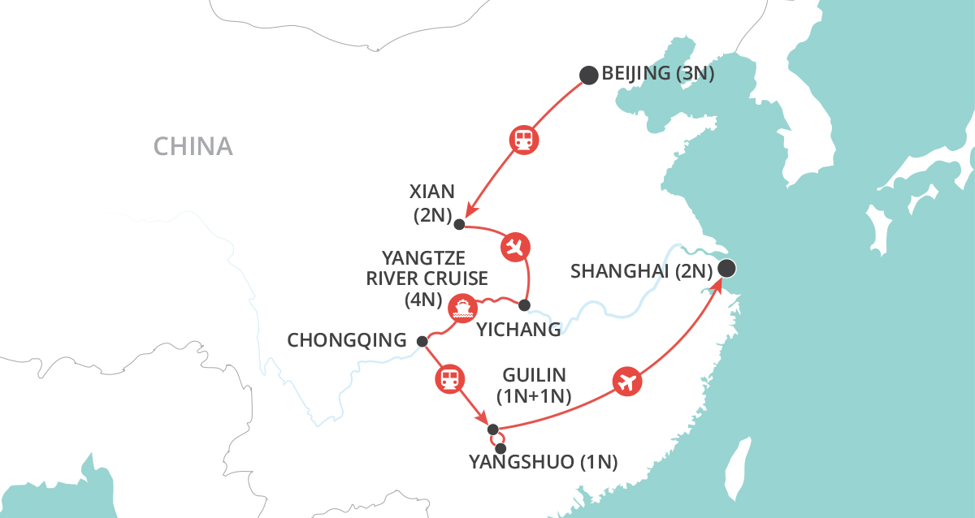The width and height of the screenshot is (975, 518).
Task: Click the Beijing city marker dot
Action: [x=588, y=76]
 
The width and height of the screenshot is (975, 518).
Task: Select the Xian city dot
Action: [x=459, y=224]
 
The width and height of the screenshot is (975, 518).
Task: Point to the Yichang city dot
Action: [x=524, y=305]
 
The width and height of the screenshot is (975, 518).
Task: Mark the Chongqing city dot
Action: [x=422, y=341]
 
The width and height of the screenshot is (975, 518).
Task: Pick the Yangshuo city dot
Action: [x=500, y=448]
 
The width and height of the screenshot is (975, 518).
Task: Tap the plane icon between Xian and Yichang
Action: [x=515, y=246]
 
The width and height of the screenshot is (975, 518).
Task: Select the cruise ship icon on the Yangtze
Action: [x=461, y=307]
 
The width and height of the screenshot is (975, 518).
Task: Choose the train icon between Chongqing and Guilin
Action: [x=449, y=378]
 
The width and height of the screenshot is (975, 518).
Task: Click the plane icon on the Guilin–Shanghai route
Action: [x=625, y=381]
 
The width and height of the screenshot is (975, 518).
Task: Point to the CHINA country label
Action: [x=193, y=147]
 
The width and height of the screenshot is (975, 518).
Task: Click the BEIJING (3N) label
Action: [x=657, y=75]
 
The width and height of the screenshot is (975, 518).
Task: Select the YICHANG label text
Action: [x=518, y=330]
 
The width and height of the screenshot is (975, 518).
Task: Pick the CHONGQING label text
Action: [x=347, y=341]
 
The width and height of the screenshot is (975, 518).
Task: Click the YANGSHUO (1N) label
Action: [x=544, y=464]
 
